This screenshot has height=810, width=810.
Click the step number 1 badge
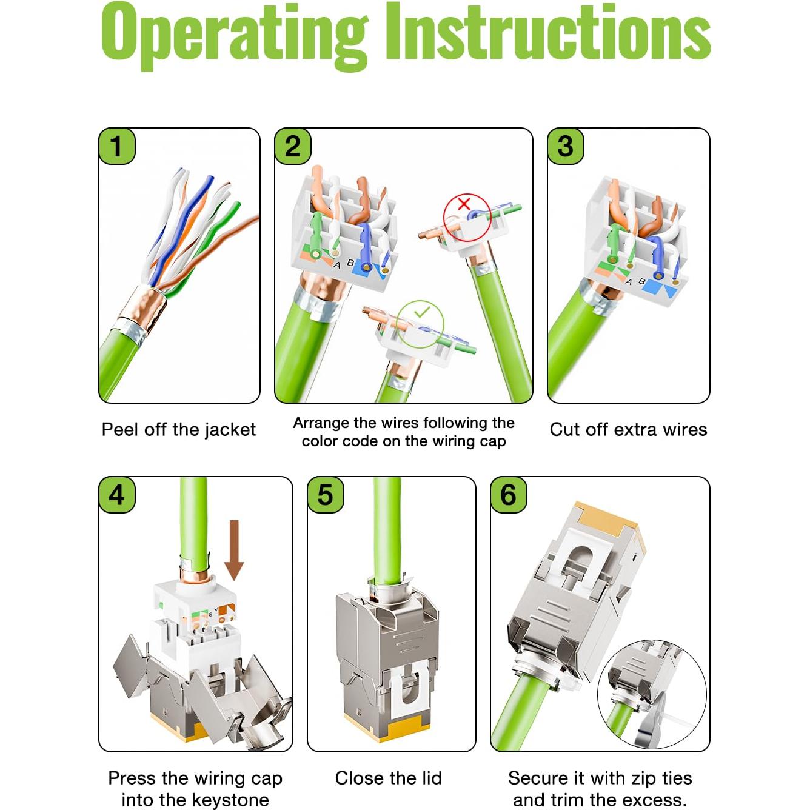(x=117, y=146)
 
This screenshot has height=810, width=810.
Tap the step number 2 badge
(x=293, y=146)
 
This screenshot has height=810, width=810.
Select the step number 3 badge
(x=565, y=146)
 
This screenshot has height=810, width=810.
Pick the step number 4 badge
(x=117, y=495)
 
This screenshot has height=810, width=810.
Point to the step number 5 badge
(x=326, y=495)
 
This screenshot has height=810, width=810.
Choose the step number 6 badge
(x=509, y=495)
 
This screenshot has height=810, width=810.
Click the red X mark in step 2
(x=464, y=204)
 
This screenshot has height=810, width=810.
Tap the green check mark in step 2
(x=421, y=312)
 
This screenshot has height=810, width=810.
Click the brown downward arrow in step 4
(x=234, y=551)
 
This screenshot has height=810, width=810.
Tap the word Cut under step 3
(x=565, y=430)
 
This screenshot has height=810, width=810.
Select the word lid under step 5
(x=427, y=778)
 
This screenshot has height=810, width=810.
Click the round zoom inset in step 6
(x=652, y=694)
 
